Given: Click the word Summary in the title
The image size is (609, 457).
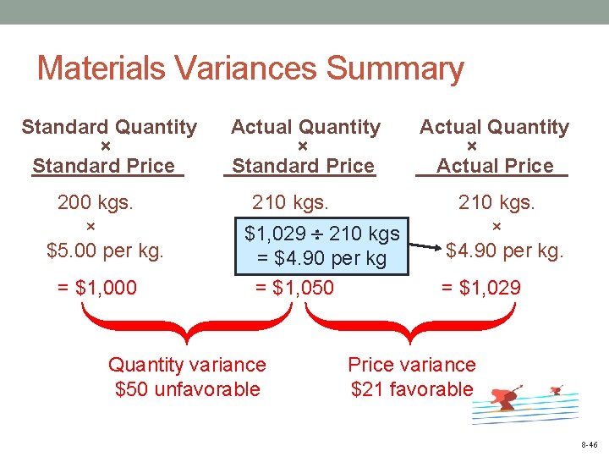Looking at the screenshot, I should click(x=394, y=69).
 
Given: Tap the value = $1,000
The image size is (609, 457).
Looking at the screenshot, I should click(x=96, y=288).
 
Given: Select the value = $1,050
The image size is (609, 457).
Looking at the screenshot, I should click(x=294, y=288).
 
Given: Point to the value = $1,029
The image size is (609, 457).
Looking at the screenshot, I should click(x=481, y=288).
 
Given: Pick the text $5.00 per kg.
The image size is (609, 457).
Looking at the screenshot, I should click(x=105, y=251).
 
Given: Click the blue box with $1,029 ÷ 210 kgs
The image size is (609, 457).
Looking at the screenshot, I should click(x=321, y=245).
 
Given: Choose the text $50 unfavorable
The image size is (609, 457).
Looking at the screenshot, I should click(x=187, y=390).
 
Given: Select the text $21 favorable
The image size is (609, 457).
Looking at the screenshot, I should click(x=412, y=390).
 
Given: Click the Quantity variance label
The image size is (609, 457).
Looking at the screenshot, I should click(x=187, y=366).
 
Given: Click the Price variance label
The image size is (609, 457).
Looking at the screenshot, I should click(x=412, y=366).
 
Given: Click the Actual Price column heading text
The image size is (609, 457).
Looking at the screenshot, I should click(x=495, y=166).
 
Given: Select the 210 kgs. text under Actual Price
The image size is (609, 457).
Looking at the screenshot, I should click(x=497, y=203).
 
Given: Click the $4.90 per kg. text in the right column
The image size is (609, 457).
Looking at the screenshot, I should click(x=504, y=251).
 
